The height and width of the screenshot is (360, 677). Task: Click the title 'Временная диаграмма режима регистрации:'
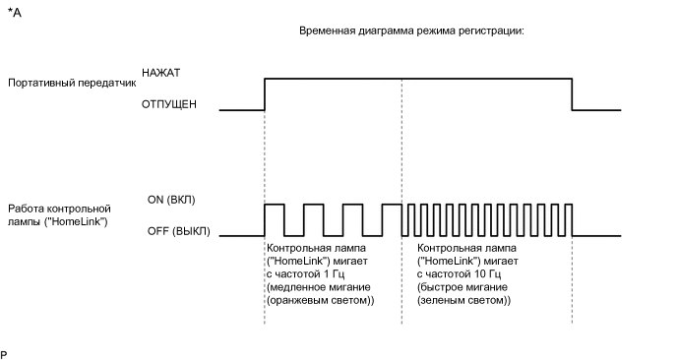point(411,31)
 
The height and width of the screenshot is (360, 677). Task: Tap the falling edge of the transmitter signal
point(574,93)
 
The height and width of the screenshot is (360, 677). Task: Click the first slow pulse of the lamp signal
point(275,206)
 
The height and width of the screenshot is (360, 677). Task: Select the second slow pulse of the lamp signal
point(313,206)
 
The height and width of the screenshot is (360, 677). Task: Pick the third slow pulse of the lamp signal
point(352,206)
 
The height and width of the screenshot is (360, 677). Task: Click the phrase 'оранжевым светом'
point(320,299)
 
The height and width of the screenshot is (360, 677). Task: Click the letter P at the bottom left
point(5,351)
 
